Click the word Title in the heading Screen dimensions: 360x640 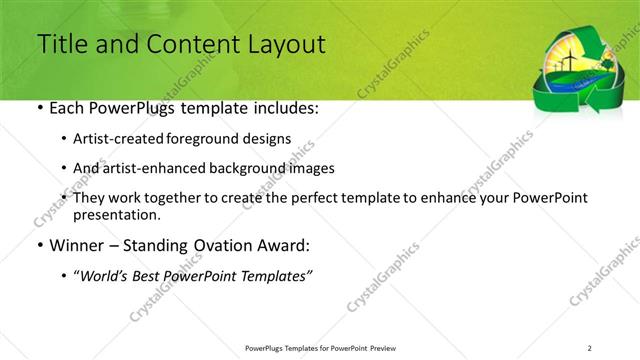62,45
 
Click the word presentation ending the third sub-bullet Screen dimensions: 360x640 117,215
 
